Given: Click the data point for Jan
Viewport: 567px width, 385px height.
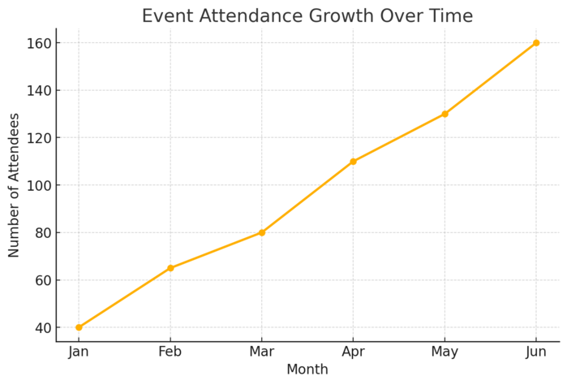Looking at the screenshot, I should [79, 327].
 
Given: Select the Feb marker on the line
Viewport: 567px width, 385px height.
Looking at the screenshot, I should [170, 268].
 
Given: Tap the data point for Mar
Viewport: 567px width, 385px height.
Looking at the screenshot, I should [261, 232].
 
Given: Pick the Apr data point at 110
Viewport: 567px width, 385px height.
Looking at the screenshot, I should [353, 162].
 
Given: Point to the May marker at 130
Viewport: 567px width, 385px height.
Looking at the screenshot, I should [445, 114].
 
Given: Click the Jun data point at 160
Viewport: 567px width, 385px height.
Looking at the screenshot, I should [536, 43].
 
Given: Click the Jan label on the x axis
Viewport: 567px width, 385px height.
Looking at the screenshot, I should [79, 352].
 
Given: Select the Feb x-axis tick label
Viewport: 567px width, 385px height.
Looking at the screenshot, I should [170, 352].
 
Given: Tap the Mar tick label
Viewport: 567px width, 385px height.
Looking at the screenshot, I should [261, 352].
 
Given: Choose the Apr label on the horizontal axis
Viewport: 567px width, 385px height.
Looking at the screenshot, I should [353, 352].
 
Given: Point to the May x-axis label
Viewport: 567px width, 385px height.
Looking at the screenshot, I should [445, 352].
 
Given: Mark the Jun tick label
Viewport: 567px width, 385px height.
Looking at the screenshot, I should [536, 352].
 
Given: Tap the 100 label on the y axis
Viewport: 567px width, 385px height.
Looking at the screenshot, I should [37, 185].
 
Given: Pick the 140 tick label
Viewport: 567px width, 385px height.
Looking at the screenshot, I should [37, 91].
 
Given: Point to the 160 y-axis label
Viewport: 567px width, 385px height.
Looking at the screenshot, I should [37, 43].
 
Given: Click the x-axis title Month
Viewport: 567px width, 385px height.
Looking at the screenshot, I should [307, 370].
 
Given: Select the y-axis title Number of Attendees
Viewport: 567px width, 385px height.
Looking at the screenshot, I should [15, 185].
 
